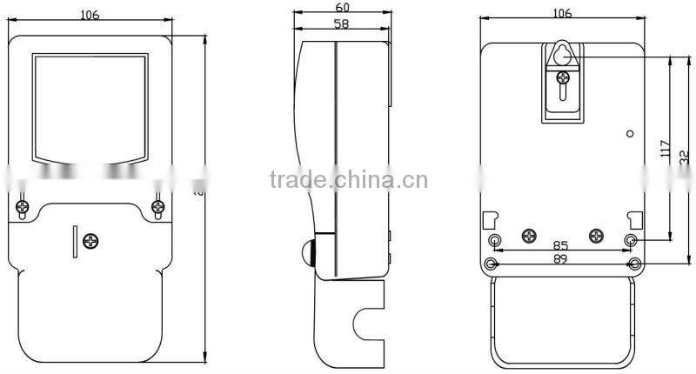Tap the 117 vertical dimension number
(x=664, y=149)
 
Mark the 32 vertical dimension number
(x=685, y=157)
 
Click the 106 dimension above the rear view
(x=562, y=13)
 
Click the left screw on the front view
(x=23, y=207)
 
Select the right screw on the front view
(x=157, y=207)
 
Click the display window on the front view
(x=90, y=108)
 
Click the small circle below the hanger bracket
(x=630, y=134)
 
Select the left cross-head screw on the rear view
(x=528, y=235)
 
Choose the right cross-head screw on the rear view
(x=597, y=235)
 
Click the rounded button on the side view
(x=307, y=253)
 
